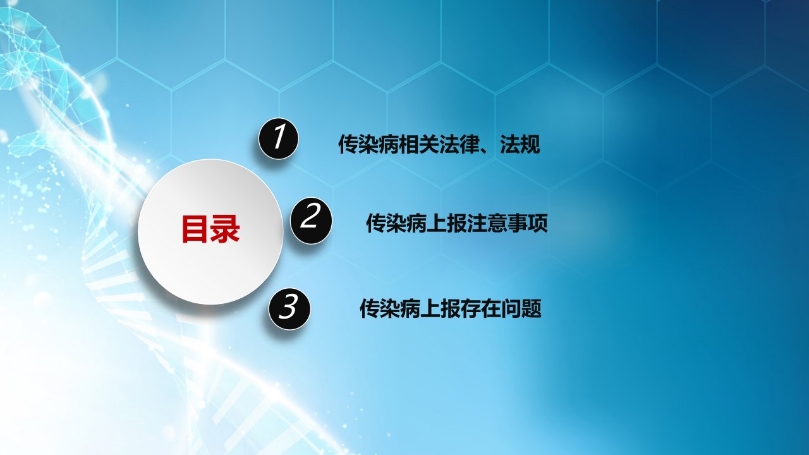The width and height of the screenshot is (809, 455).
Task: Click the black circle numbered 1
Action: pos(279,138)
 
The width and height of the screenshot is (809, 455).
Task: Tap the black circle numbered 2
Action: pos(311,219)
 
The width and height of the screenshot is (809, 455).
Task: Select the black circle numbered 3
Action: pos(289,308)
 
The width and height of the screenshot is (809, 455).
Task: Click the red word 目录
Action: pos(210,229)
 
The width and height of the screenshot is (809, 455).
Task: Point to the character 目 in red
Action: pos(196,229)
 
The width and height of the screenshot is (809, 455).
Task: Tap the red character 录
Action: pos(226,229)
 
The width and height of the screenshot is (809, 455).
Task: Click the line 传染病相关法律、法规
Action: pos(439,145)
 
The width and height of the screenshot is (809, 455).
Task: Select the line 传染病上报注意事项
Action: pos(457,223)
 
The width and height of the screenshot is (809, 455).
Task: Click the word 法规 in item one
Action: pos(520,145)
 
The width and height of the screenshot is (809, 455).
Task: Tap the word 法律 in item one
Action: pos(459,145)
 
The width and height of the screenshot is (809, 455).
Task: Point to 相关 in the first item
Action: pos(418,145)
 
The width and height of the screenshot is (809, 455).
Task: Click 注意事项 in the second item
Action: pos(508,223)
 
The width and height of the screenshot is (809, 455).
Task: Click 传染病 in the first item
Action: pos(368,145)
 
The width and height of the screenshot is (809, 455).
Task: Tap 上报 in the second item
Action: pos(447,223)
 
